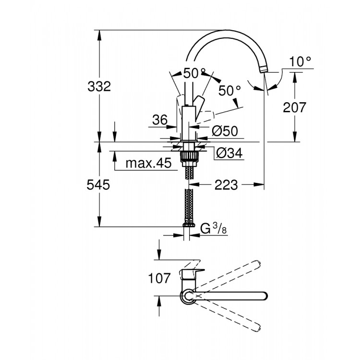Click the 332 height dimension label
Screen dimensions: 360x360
[99, 87]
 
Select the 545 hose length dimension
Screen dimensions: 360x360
[99, 185]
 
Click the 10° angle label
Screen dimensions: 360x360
[300, 61]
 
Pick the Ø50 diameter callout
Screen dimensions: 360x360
[225, 130]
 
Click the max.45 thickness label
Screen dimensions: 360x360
[148, 163]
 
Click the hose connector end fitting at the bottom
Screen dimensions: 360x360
[188, 225]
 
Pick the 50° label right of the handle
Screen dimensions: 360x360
[230, 90]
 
